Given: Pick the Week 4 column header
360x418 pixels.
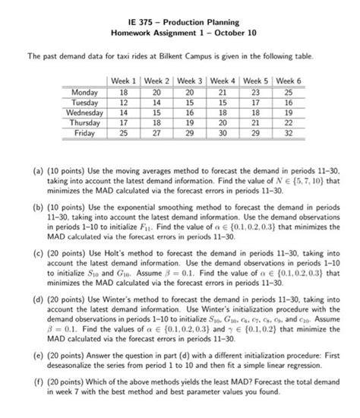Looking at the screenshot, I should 222,81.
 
